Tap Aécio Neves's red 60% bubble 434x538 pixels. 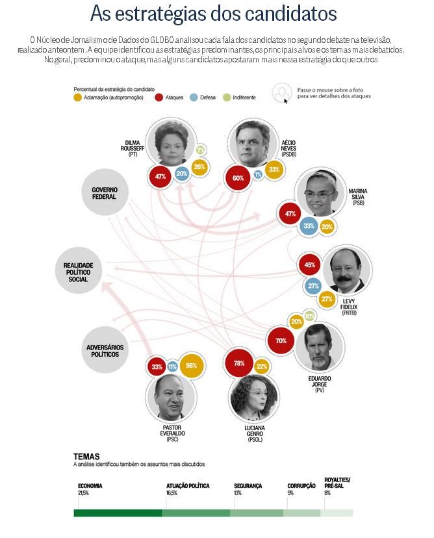[x=238, y=178]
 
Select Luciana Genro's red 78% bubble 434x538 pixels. [x=238, y=363]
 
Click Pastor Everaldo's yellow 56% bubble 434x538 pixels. [x=192, y=365]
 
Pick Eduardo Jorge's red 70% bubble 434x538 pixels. [x=281, y=340]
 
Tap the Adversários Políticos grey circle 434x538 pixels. [x=107, y=351]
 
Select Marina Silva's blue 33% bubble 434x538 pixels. [x=309, y=226]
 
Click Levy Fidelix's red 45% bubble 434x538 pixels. [x=310, y=265]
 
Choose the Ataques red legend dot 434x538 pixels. [x=159, y=97]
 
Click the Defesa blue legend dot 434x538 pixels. [x=194, y=97]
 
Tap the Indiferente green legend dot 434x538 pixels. [x=226, y=97]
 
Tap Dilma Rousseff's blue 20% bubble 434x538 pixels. [x=182, y=173]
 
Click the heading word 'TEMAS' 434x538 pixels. [x=86, y=457]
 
